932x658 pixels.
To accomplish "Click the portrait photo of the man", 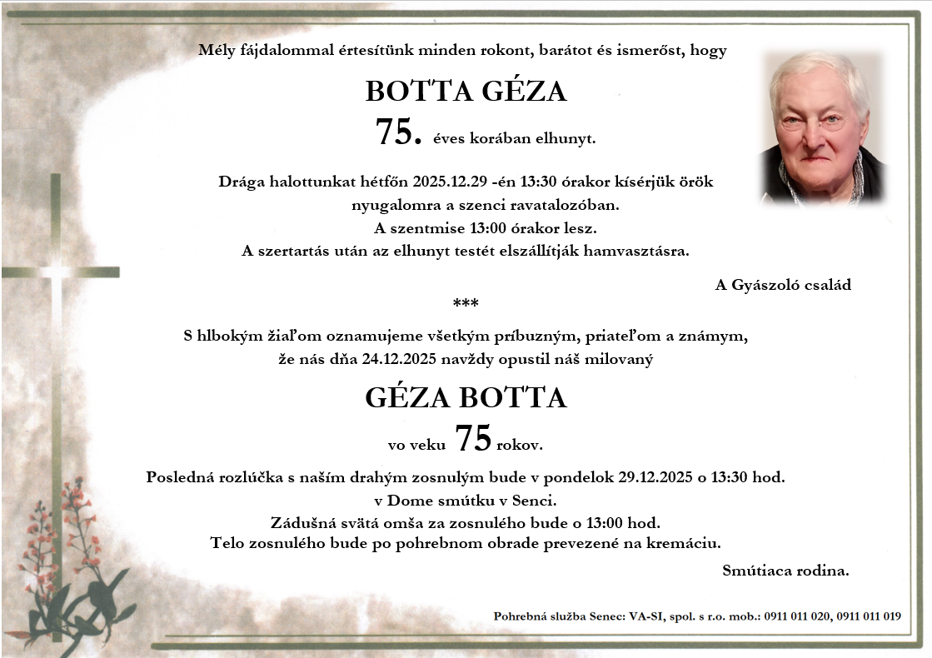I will click(x=822, y=127).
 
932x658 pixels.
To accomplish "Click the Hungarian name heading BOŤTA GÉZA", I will click(x=466, y=92).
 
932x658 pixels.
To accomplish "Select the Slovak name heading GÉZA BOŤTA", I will click(x=466, y=398).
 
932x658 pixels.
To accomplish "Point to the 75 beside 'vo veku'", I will click(x=473, y=439).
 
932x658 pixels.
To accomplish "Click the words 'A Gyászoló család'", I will click(x=783, y=285).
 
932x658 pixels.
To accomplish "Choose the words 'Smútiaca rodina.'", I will click(x=786, y=571).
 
